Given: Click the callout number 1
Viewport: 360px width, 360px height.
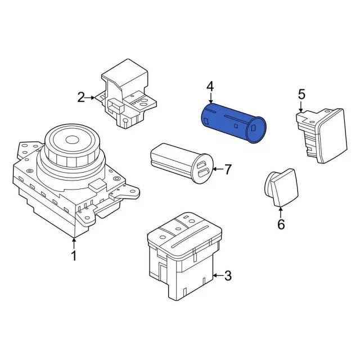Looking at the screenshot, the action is [74, 255].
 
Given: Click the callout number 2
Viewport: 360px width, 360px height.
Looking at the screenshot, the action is [81, 97].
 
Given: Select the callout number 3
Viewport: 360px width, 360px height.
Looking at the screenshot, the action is [227, 276].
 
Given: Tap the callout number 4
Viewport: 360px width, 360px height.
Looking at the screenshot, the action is [210, 87].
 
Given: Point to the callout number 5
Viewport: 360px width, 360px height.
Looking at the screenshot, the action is [301, 94].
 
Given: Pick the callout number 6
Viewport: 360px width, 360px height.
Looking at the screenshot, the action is [281, 224].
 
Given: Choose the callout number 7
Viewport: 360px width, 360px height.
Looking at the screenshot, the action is [227, 169].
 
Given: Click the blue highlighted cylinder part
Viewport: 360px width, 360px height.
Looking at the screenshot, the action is [233, 123].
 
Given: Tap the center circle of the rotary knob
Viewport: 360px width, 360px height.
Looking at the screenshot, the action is [72, 139].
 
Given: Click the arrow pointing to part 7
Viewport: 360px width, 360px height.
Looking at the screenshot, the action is [218, 169].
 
